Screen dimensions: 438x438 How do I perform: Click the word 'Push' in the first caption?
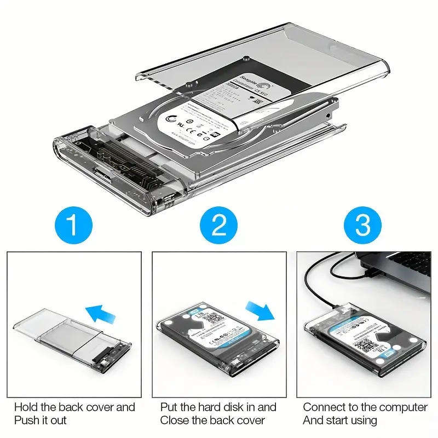[x=26, y=420]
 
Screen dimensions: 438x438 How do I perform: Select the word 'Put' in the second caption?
[x=170, y=407]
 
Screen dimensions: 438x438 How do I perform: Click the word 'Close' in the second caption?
[x=175, y=420]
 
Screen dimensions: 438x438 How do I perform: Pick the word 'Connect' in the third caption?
[x=323, y=407]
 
